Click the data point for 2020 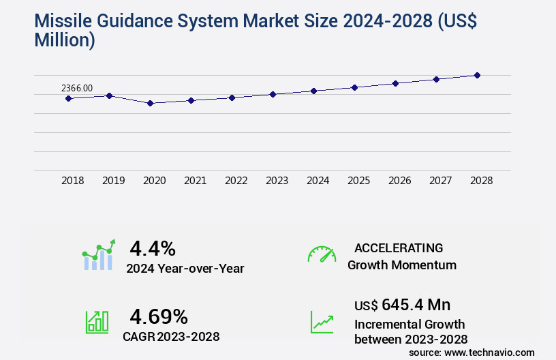point(150,103)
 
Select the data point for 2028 point(477,75)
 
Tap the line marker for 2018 point(68,98)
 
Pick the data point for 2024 point(313,91)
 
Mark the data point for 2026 point(395,83)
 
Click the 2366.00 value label point(77,88)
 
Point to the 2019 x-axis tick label point(114,181)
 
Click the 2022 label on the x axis point(236,181)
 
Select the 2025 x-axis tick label point(359,181)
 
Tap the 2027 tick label point(441,181)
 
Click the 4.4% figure point(153,247)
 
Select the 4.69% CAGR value point(159,316)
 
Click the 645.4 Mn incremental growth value point(402,304)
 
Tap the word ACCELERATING point(399,247)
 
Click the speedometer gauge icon point(322,254)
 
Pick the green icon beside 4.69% point(97,322)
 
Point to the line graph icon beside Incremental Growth point(322,322)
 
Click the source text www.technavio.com point(491,352)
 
